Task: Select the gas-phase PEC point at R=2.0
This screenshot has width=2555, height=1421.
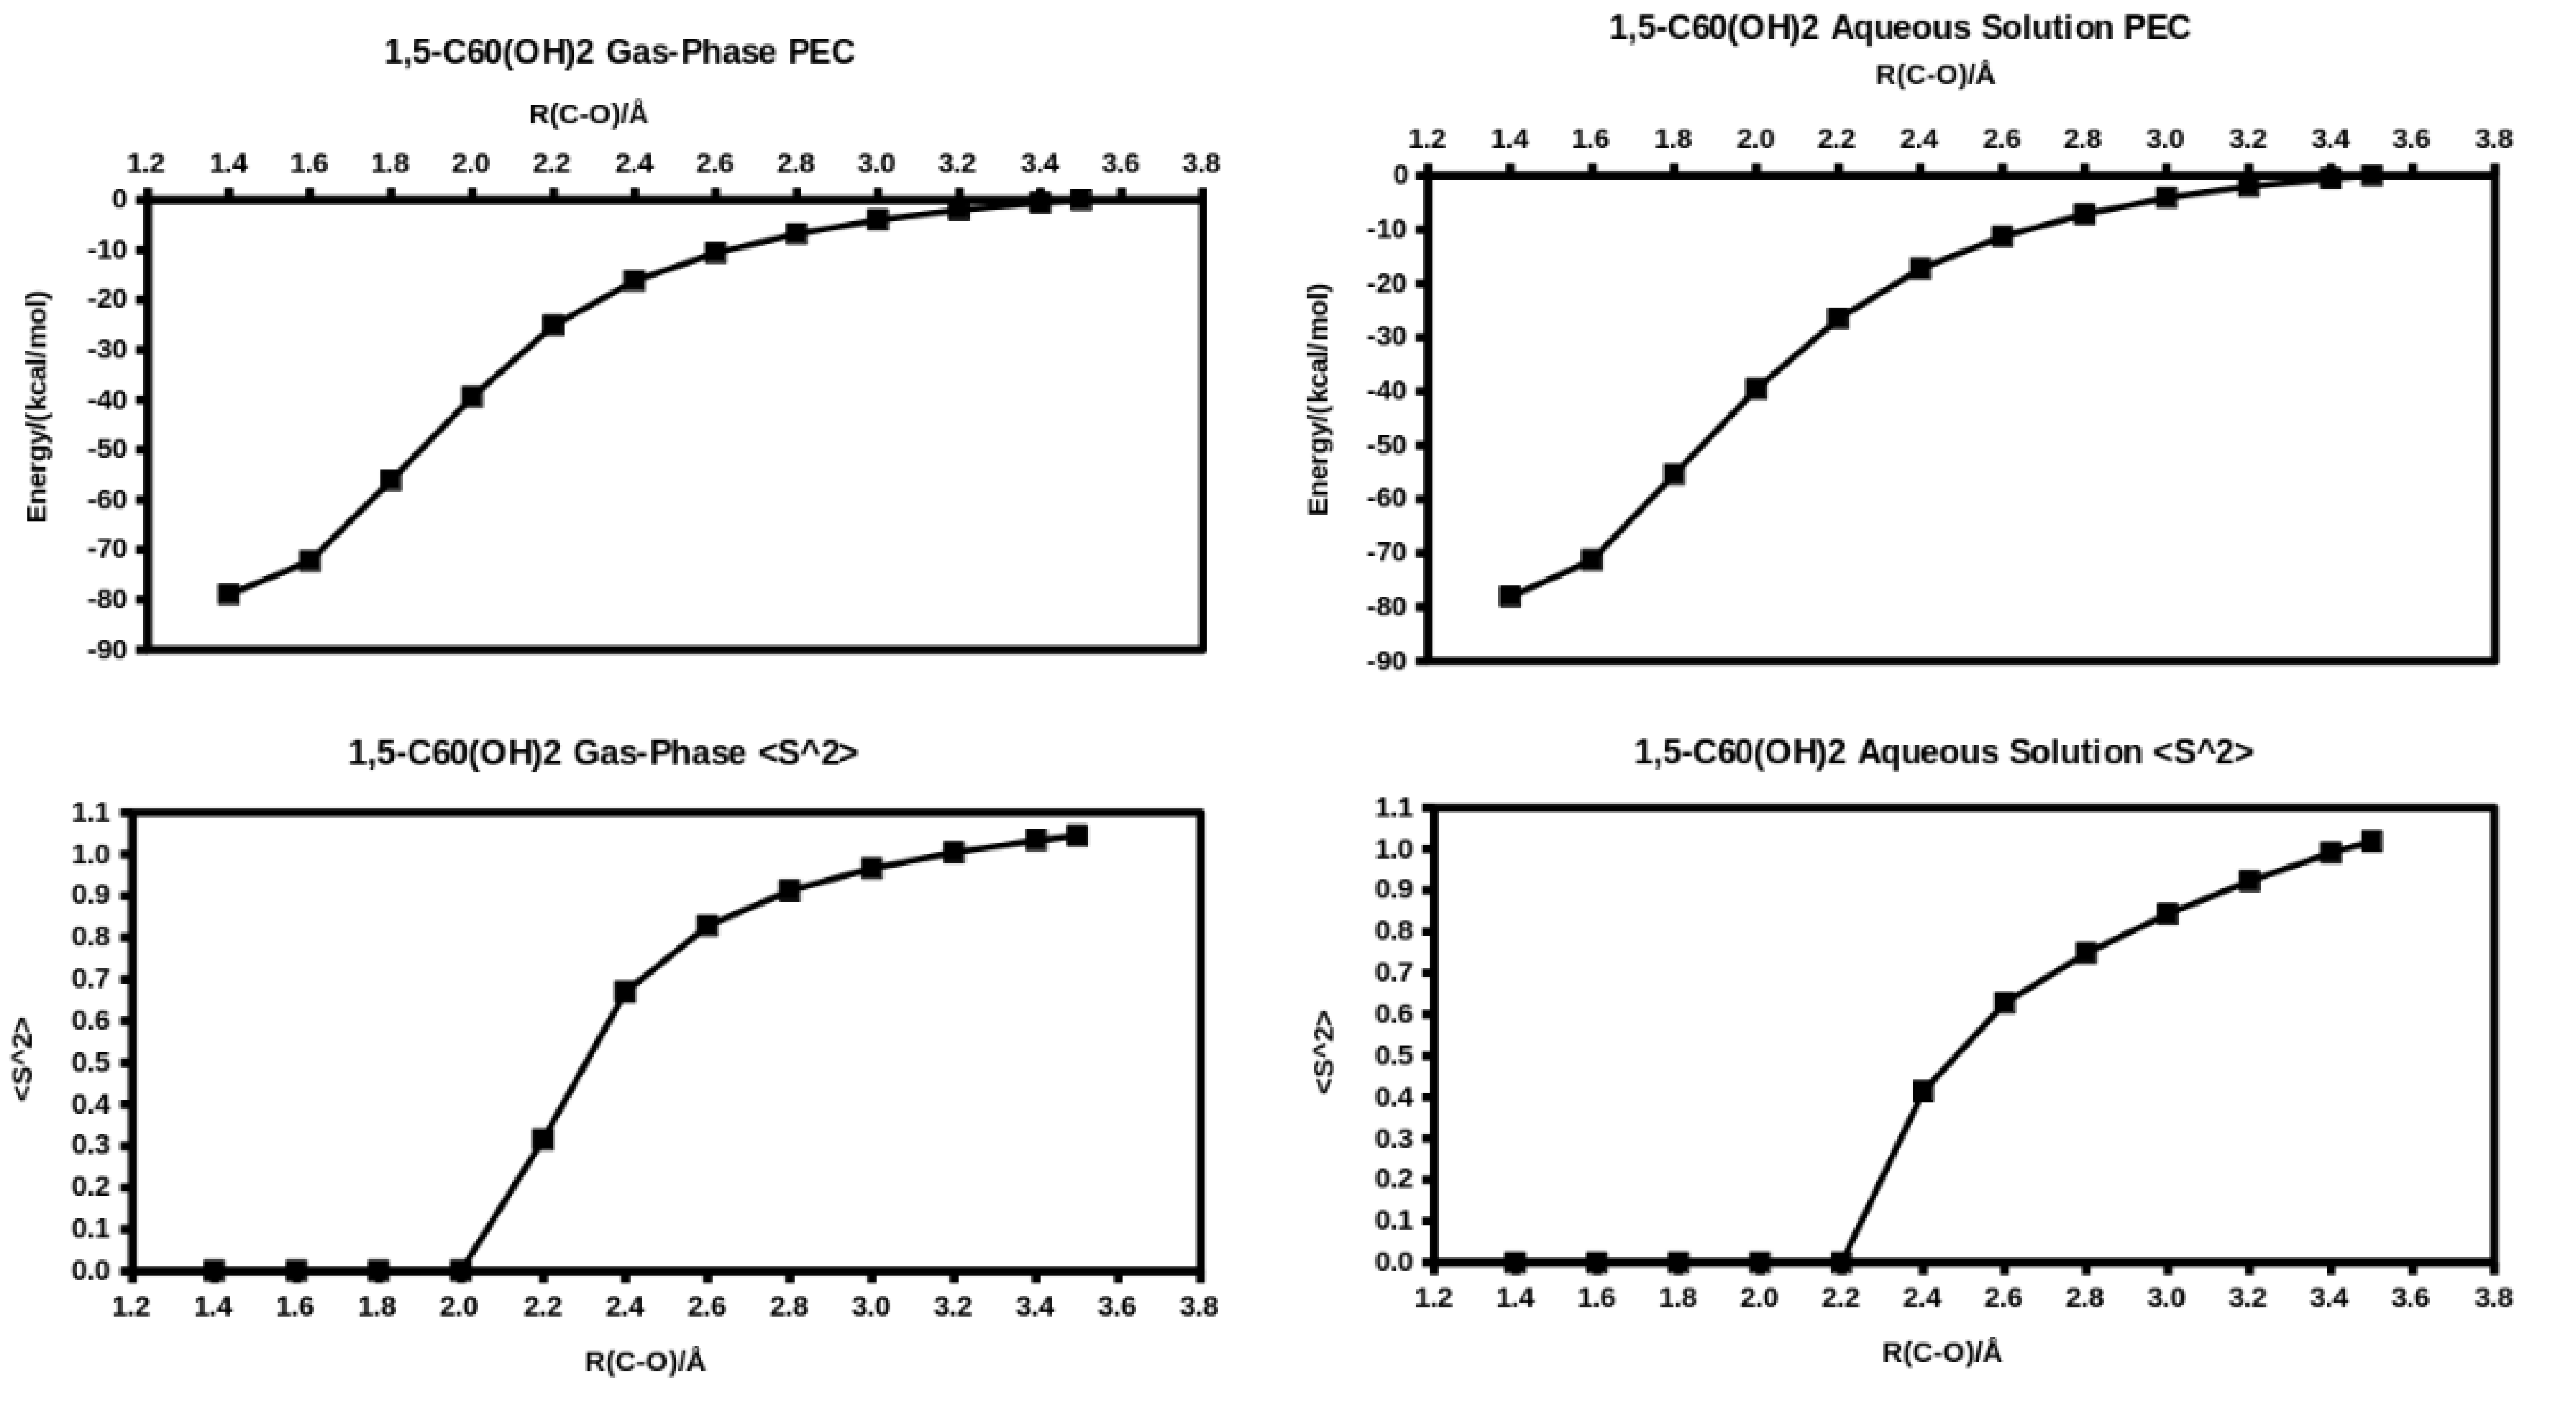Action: pyautogui.click(x=472, y=397)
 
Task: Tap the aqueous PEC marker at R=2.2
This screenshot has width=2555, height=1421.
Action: pyautogui.click(x=1838, y=318)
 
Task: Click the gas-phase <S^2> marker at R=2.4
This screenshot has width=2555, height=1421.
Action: pyautogui.click(x=625, y=991)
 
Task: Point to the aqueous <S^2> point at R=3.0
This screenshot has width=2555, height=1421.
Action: pyautogui.click(x=2167, y=913)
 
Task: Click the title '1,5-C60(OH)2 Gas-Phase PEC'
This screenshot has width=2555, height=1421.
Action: pyautogui.click(x=619, y=52)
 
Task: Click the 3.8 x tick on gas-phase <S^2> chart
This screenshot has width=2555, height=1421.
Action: pyautogui.click(x=1200, y=1306)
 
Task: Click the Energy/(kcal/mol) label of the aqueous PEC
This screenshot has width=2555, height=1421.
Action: pyautogui.click(x=1319, y=400)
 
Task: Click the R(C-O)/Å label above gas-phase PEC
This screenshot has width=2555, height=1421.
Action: pyautogui.click(x=588, y=114)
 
